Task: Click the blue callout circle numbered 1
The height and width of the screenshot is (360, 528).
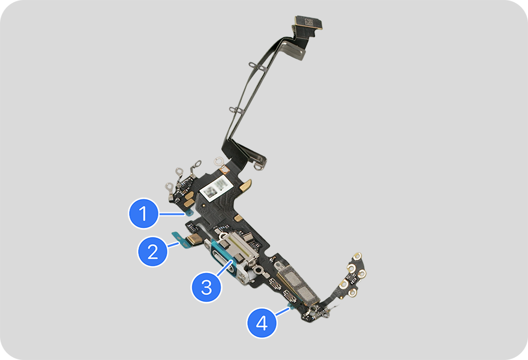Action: pyautogui.click(x=143, y=213)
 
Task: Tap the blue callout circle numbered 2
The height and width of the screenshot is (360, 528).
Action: pyautogui.click(x=152, y=251)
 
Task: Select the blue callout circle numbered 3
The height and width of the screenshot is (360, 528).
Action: pyautogui.click(x=206, y=287)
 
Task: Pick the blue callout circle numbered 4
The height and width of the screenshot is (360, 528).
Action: pyautogui.click(x=262, y=323)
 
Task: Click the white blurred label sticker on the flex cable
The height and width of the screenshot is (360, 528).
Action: pyautogui.click(x=217, y=188)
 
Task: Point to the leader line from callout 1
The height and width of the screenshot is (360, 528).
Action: pyautogui.click(x=172, y=214)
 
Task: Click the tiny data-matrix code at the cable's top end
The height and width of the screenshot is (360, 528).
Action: pyautogui.click(x=309, y=22)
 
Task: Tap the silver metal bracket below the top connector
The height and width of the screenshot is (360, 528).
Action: pyautogui.click(x=293, y=48)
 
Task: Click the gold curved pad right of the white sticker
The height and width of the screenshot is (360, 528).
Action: pyautogui.click(x=247, y=185)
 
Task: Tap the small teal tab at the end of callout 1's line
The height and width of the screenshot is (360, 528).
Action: pyautogui.click(x=188, y=212)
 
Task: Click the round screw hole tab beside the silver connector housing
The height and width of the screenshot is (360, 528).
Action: pyautogui.click(x=258, y=270)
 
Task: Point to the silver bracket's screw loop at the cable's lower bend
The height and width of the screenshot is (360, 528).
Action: pyautogui.click(x=259, y=166)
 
